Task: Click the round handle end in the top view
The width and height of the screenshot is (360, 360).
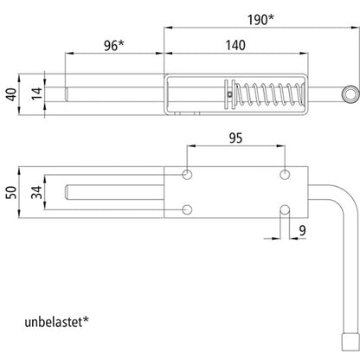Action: coord(349,93)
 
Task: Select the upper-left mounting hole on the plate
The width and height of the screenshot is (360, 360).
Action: coord(188,174)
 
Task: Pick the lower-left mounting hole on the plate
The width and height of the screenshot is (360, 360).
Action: coord(188,209)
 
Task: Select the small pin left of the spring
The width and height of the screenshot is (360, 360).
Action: coord(228,93)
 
